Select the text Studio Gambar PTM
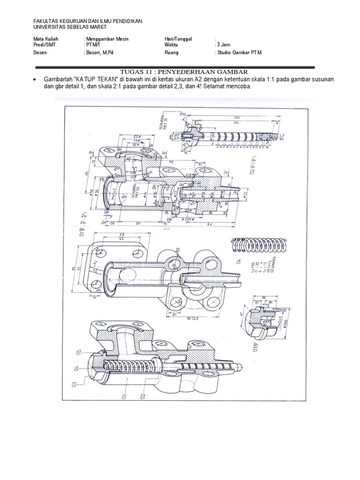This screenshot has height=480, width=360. pyautogui.click(x=238, y=53)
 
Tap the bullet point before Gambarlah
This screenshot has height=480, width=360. pyautogui.click(x=35, y=80)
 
